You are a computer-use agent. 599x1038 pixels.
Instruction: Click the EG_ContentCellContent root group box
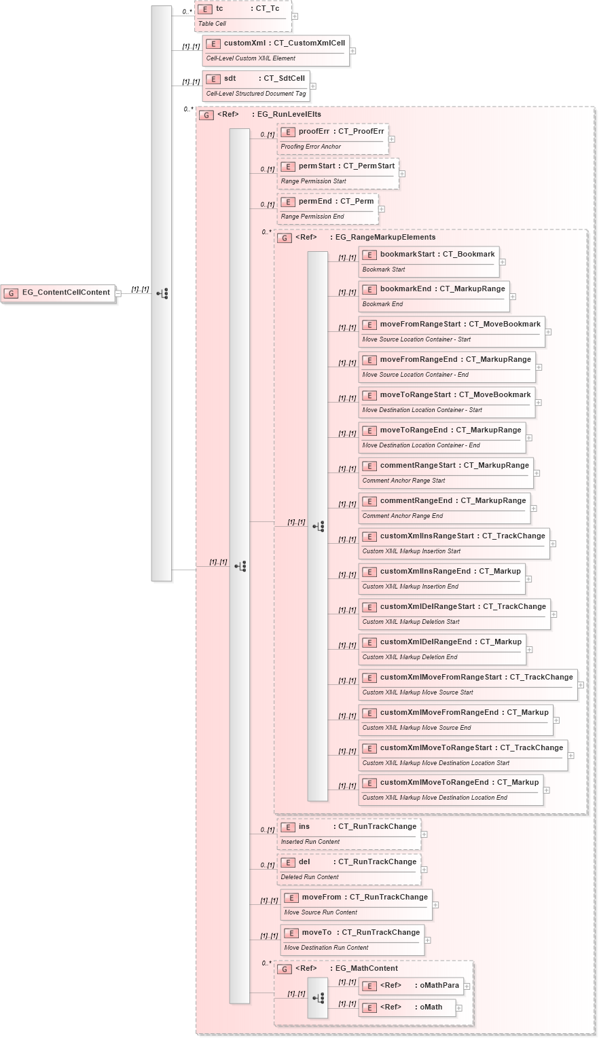(x=58, y=293)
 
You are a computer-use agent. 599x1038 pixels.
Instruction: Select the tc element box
(x=242, y=16)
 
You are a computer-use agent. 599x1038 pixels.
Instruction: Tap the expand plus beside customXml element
(x=352, y=51)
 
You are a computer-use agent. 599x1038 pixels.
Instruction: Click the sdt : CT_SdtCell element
(x=255, y=86)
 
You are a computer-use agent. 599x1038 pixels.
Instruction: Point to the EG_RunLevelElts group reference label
(x=289, y=115)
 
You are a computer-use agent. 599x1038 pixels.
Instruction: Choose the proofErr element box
(x=333, y=138)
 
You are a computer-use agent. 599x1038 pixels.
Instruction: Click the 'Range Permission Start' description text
(x=314, y=181)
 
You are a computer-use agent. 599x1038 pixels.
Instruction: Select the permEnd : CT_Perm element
(x=327, y=208)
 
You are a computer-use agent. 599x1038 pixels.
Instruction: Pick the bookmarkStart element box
(x=429, y=261)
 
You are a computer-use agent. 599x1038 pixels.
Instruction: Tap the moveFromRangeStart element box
(x=452, y=331)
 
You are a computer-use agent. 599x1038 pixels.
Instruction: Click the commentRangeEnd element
(x=444, y=508)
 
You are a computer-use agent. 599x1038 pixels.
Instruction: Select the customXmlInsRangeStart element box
(x=454, y=543)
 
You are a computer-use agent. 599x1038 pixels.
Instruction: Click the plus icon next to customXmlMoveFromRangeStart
(x=581, y=685)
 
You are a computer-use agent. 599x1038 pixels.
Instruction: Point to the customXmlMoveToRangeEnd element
(x=451, y=790)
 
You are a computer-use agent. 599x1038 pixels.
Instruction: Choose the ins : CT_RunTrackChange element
(x=349, y=834)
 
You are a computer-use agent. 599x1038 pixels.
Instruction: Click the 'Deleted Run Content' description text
(x=310, y=877)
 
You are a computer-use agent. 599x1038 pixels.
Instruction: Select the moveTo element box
(x=352, y=940)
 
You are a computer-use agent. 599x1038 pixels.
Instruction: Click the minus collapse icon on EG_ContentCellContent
(x=118, y=293)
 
